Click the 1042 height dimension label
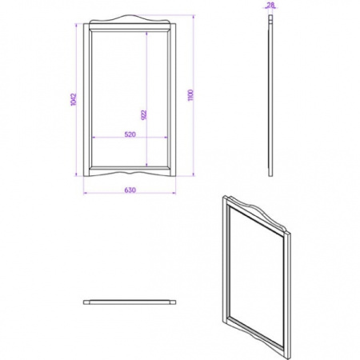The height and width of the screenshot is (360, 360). (x=74, y=99)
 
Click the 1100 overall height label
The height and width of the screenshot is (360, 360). (x=190, y=95)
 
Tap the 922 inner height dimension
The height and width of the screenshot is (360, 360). (x=144, y=115)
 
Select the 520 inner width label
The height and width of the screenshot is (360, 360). (x=130, y=134)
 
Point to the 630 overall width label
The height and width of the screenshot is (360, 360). (x=130, y=190)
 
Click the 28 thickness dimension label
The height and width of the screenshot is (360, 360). (x=270, y=4)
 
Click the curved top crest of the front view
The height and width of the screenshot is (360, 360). (x=130, y=19)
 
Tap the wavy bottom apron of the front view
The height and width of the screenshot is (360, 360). (x=130, y=173)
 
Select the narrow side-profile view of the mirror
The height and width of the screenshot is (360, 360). (x=270, y=95)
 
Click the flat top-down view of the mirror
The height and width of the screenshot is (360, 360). (x=130, y=302)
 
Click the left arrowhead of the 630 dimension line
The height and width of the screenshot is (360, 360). (x=85, y=193)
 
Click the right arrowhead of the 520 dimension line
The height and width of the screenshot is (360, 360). (x=166, y=138)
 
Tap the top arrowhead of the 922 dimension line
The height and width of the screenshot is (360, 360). (x=146, y=34)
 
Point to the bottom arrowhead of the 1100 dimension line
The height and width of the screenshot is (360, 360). (x=194, y=174)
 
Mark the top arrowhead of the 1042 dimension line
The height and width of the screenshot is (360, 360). (x=76, y=26)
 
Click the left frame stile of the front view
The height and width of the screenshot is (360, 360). (x=86, y=100)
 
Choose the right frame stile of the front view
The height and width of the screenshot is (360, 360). (x=173, y=100)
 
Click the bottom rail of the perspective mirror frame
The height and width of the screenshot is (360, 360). (x=256, y=333)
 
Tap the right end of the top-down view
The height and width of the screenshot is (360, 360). (x=173, y=302)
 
